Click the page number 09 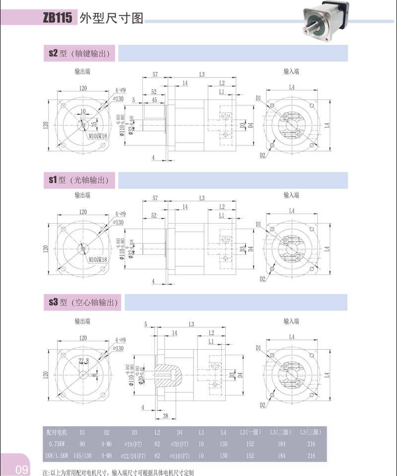click(21, 469)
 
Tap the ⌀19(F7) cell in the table click(134, 443)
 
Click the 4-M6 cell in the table click(107, 443)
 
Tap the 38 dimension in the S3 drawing click(166, 416)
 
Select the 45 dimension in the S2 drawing click(155, 100)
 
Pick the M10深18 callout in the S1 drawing click(98, 259)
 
